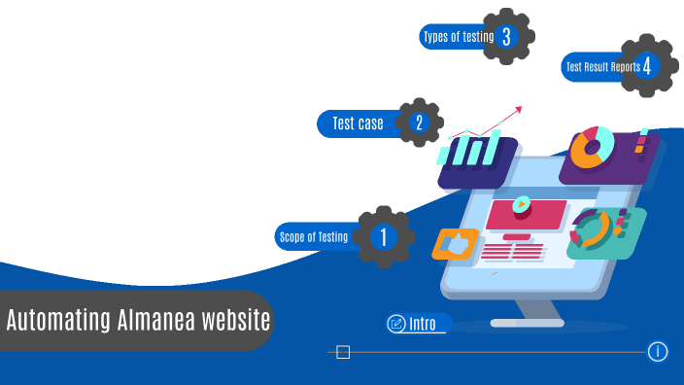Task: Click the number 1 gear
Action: click(383, 236)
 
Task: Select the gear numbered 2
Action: click(419, 122)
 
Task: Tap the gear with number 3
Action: click(506, 37)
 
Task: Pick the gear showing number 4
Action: click(645, 66)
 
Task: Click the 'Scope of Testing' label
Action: click(314, 236)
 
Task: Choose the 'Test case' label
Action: click(358, 123)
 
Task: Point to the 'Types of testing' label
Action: click(458, 38)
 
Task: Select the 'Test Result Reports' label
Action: click(602, 67)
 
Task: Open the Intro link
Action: click(423, 324)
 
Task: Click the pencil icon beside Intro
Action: click(396, 324)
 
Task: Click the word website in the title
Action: click(237, 320)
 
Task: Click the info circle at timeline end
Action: click(658, 351)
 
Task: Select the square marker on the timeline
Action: click(343, 352)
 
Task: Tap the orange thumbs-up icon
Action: click(454, 243)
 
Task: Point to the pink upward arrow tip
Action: click(519, 109)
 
